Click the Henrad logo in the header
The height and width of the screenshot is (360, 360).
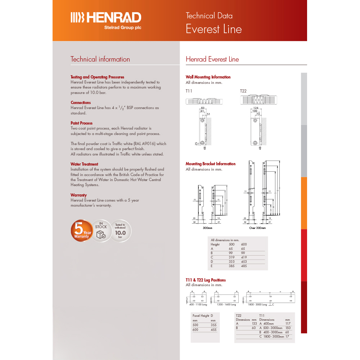[x=105, y=19]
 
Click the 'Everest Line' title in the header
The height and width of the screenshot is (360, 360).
[x=213, y=29]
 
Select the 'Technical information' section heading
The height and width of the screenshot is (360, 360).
[x=100, y=59]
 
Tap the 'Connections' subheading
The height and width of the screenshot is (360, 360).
[x=81, y=103]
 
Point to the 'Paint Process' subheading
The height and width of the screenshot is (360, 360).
[x=81, y=123]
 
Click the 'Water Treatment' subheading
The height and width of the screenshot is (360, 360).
[x=84, y=164]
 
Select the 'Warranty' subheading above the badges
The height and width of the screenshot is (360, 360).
[x=78, y=195]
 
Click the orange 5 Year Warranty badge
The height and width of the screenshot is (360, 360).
[x=81, y=230]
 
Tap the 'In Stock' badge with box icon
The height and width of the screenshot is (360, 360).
[x=101, y=230]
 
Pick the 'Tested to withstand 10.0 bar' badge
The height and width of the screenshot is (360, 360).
[x=120, y=230]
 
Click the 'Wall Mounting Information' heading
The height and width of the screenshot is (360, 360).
[x=208, y=77]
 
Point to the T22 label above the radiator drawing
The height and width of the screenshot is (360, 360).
[x=243, y=91]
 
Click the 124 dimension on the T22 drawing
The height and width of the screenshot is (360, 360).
[x=256, y=108]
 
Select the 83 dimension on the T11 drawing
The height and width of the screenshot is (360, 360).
[x=203, y=108]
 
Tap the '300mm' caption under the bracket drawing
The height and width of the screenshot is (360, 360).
[x=207, y=228]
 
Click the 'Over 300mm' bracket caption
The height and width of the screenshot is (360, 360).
[x=257, y=228]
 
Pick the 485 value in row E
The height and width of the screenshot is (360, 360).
[x=244, y=266]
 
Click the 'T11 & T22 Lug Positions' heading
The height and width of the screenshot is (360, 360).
[x=206, y=280]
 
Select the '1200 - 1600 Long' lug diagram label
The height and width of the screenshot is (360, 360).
[x=226, y=305]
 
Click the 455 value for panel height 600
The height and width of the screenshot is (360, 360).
[x=213, y=330]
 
